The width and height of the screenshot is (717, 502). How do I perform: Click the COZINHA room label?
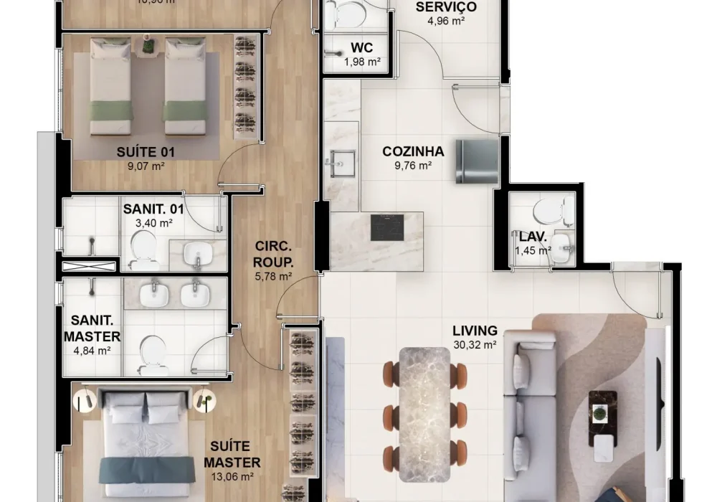(413, 151)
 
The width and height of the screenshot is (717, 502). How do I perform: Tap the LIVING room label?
(475, 331)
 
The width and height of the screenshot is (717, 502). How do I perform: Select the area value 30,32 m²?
(475, 344)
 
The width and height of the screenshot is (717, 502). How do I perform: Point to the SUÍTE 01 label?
(146, 152)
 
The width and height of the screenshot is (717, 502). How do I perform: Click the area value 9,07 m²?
(146, 166)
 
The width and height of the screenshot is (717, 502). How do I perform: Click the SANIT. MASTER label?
(92, 329)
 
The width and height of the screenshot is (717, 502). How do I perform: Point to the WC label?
(361, 48)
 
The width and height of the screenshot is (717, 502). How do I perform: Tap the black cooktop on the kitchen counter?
(387, 227)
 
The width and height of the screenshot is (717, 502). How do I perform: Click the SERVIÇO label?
(446, 7)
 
